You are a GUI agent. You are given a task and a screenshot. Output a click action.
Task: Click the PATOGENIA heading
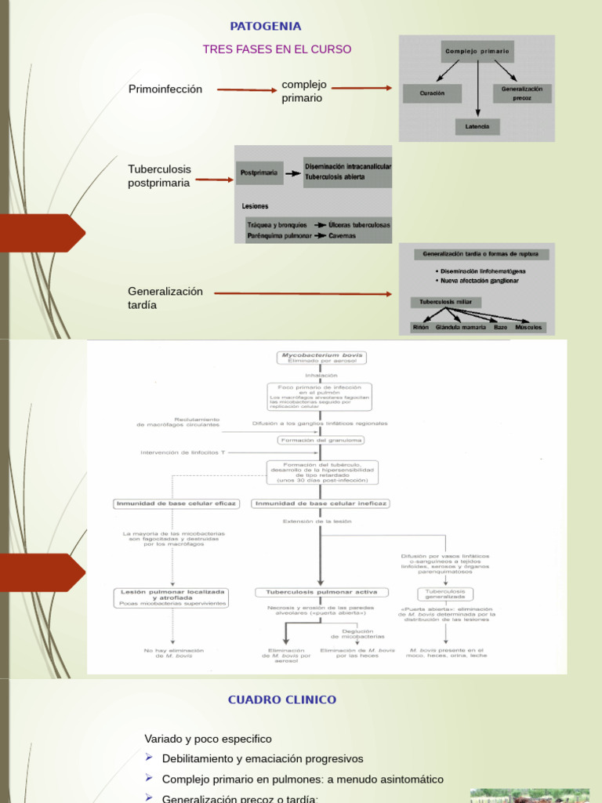[265, 27]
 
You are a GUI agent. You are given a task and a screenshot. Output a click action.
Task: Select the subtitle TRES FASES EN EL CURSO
[277, 49]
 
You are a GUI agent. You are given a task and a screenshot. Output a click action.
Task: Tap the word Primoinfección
[165, 89]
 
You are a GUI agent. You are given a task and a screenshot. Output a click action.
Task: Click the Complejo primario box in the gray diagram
[477, 51]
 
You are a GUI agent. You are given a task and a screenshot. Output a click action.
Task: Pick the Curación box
[432, 93]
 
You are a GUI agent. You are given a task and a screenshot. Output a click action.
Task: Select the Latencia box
[477, 125]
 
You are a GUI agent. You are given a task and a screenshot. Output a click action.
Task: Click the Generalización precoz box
[522, 93]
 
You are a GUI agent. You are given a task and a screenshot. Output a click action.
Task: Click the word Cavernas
[342, 235]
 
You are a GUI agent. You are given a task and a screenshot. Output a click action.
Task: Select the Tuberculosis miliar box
[445, 302]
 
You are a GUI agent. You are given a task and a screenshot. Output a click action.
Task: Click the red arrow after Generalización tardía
[303, 294]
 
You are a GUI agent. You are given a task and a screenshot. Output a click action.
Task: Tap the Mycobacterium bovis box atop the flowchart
[321, 358]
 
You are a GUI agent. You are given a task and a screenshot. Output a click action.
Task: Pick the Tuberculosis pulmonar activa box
[321, 592]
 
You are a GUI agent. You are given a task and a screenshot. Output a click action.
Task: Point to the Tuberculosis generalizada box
[444, 594]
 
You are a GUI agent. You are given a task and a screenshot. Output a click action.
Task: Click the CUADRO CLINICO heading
[282, 699]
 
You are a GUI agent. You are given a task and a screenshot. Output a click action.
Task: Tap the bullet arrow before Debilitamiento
[150, 758]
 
